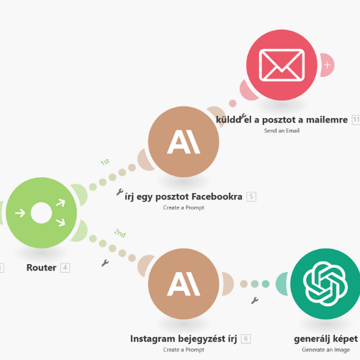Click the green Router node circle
click(x=41, y=213)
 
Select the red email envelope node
click(x=282, y=65)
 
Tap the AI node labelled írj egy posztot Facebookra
click(x=184, y=142)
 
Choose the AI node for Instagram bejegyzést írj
click(x=184, y=284)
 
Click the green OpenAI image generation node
click(x=325, y=284)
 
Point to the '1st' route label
click(x=105, y=162)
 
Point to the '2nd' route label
click(x=120, y=233)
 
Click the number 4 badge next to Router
click(x=65, y=267)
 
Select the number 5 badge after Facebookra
click(x=251, y=197)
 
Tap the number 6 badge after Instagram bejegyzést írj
click(x=246, y=338)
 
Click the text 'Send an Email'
click(x=282, y=130)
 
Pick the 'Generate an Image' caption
click(x=325, y=350)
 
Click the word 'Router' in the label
click(x=41, y=267)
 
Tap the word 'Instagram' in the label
click(x=153, y=339)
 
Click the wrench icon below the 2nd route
click(x=105, y=263)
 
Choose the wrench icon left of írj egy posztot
click(x=120, y=192)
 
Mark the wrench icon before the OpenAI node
click(x=255, y=300)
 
